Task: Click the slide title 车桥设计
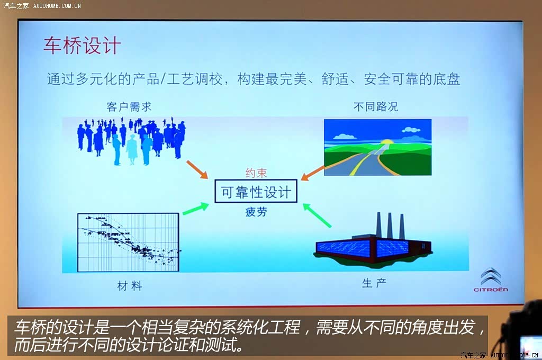click(x=82, y=46)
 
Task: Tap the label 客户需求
click(x=129, y=106)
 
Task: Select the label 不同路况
click(x=376, y=106)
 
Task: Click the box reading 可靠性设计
click(x=256, y=191)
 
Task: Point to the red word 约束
click(x=256, y=173)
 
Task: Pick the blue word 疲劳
click(x=256, y=211)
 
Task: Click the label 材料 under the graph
click(x=130, y=286)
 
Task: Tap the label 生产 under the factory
click(x=374, y=283)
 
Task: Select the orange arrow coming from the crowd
click(x=197, y=169)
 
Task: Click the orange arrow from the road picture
click(x=312, y=173)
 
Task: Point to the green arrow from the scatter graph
click(x=196, y=209)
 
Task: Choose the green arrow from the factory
click(x=317, y=215)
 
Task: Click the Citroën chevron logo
click(x=491, y=276)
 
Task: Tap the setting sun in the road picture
click(x=386, y=141)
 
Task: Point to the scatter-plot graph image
click(x=128, y=242)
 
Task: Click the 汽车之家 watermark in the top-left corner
click(x=16, y=5)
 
